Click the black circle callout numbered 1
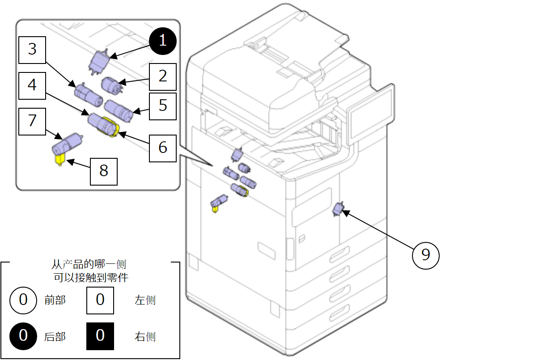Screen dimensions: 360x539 163,41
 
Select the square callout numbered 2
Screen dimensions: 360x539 163,76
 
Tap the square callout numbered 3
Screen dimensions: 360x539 32,50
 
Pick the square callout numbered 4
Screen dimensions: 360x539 32,85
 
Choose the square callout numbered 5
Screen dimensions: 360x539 163,106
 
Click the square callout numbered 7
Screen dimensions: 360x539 32,121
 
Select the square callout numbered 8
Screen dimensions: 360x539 104,171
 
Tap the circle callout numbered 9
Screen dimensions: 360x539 425,255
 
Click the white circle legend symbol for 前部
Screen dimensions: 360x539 23,300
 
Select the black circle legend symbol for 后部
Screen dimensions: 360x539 23,335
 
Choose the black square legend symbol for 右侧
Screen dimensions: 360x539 100,336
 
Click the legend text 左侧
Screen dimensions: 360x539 145,300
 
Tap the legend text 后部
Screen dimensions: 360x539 55,336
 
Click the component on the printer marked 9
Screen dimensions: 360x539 338,209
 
